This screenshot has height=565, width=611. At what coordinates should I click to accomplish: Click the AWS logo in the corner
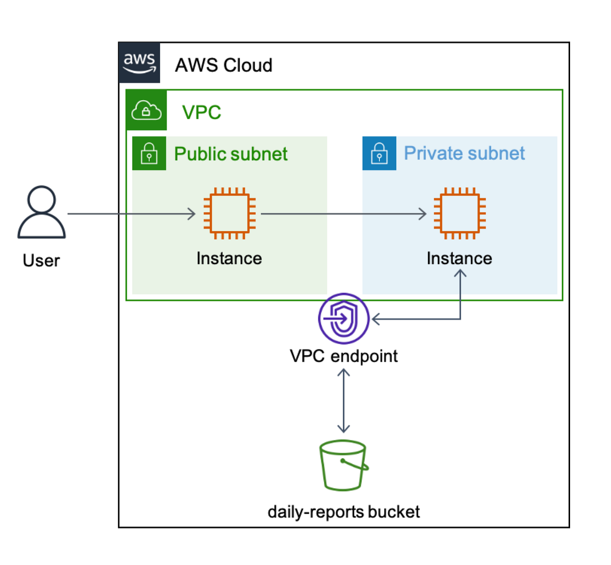coord(139,63)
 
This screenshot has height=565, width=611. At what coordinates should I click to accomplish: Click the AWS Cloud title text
coord(224,65)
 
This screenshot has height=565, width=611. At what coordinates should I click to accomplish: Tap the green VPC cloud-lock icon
coord(146,110)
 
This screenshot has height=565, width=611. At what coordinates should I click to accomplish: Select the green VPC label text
coord(202,112)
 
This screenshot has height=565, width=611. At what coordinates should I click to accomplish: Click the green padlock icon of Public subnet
coord(149,153)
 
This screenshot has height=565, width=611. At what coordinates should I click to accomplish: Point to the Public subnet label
coord(231,154)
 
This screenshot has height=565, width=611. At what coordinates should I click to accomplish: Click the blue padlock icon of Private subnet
coord(379,153)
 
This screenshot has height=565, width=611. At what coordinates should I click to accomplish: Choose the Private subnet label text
coord(464,153)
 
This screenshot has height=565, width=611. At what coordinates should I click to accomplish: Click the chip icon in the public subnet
coord(229,214)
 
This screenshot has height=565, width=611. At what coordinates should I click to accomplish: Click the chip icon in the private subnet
coord(460,214)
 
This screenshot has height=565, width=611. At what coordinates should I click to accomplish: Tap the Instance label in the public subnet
coord(229,259)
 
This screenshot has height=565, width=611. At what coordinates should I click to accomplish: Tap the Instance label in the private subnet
coord(459,259)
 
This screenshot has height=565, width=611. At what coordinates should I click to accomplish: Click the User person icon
coord(42,212)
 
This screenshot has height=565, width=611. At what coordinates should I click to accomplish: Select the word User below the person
coord(41,260)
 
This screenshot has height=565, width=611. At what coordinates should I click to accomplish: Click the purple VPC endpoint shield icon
coord(344,318)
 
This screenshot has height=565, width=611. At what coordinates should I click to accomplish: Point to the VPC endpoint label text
coord(344,356)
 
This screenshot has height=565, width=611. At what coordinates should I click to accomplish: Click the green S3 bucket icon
coord(343,465)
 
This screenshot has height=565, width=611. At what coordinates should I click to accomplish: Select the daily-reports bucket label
coord(344,512)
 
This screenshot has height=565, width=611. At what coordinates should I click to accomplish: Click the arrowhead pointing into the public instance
coord(192,214)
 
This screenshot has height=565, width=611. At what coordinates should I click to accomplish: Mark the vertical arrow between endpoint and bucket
coord(344,400)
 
